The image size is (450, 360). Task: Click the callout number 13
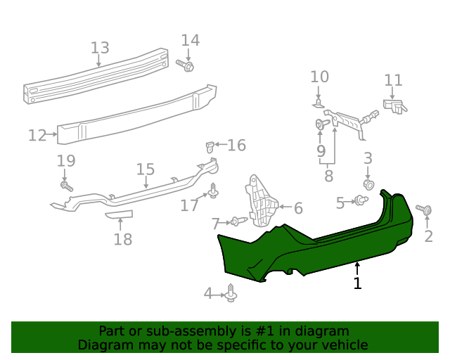point(100,48)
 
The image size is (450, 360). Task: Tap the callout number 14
point(191,41)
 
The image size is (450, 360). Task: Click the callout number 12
point(37,135)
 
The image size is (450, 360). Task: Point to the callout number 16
point(236,146)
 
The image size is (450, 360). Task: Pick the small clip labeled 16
point(210,147)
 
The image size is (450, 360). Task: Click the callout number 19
point(66,161)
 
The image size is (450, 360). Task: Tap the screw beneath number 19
point(67,186)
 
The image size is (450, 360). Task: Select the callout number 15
point(145,169)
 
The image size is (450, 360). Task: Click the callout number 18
point(122,240)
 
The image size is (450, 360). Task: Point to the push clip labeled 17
point(212,190)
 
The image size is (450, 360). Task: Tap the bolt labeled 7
point(238,222)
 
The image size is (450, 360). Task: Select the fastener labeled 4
point(232,294)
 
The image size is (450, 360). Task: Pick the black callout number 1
point(357,283)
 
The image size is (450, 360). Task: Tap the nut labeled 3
point(367,184)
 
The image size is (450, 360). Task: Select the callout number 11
point(393,81)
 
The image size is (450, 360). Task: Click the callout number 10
point(319,77)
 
